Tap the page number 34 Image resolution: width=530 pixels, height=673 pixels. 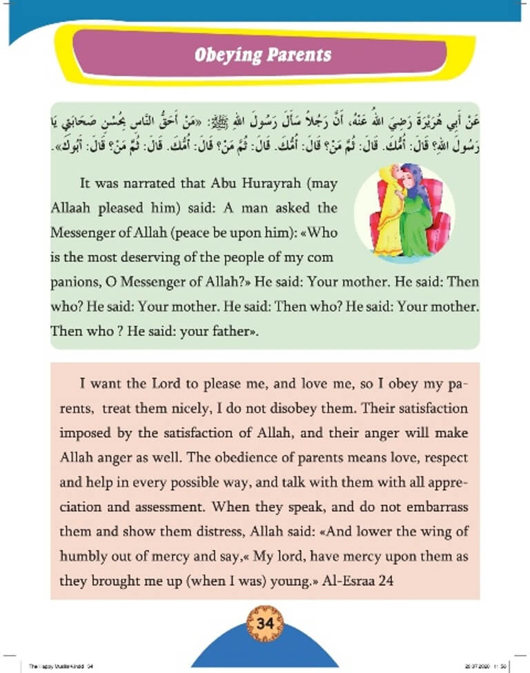pyautogui.click(x=265, y=623)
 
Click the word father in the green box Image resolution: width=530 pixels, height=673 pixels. pyautogui.click(x=231, y=330)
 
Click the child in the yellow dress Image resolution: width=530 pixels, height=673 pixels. pyautogui.click(x=386, y=220)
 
